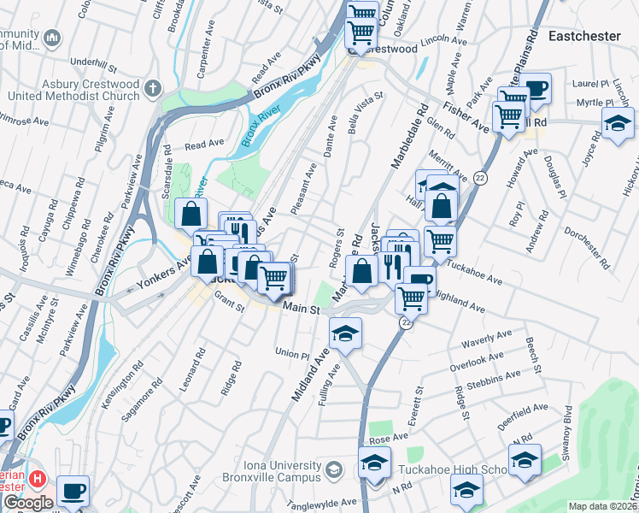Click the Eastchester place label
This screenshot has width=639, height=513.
[588, 36]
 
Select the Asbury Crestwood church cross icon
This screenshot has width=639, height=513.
[152, 88]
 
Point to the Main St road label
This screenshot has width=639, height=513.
[301, 309]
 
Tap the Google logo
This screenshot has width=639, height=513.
[27, 503]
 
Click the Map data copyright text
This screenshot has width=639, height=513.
[602, 506]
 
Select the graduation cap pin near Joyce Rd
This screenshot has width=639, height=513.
[618, 123]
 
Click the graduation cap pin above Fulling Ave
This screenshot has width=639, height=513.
[345, 333]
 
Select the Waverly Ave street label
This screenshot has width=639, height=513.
[485, 342]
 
